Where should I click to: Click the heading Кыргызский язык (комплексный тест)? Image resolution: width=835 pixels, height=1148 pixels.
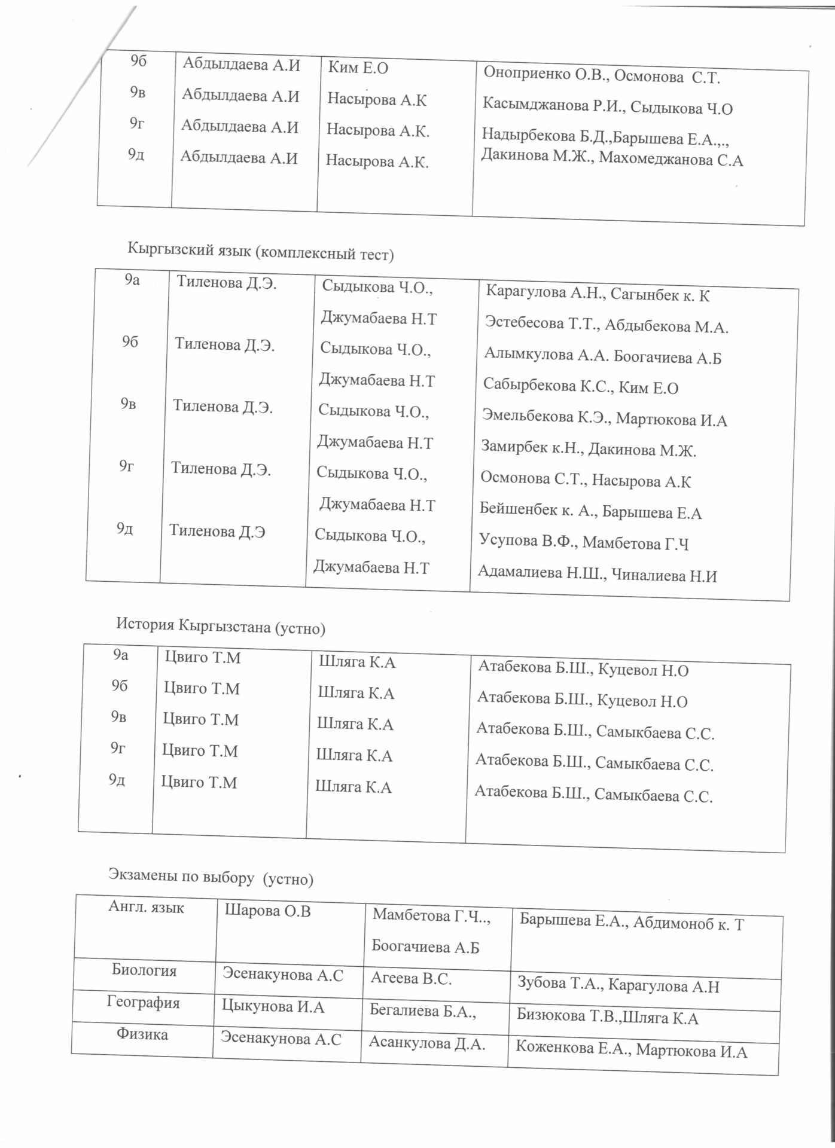pos(261,253)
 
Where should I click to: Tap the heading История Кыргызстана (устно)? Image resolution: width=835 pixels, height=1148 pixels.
pos(221,627)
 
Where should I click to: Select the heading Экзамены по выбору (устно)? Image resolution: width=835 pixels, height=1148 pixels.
pos(211,878)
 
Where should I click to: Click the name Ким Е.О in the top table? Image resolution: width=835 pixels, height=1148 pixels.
pos(358,68)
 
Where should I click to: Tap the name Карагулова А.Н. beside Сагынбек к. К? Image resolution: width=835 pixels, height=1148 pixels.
pos(543,292)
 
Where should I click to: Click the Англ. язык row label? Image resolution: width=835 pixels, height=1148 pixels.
pos(147,908)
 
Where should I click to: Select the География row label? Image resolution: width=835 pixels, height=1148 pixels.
pos(144,1003)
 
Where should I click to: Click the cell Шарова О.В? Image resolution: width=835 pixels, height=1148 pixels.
pos(268,912)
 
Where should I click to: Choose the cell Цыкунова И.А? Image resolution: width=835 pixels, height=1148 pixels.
pos(273,1007)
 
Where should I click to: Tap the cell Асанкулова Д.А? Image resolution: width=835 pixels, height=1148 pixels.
pos(426,1043)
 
